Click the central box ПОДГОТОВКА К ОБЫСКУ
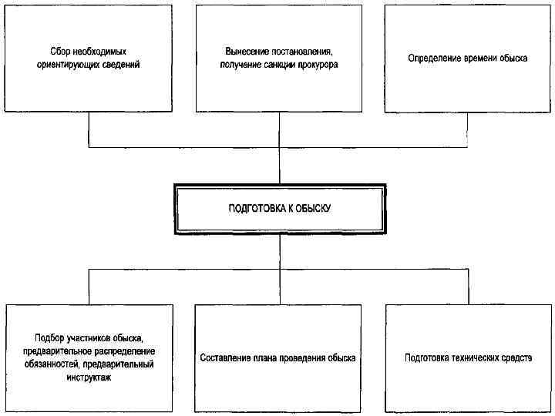[x=279, y=209]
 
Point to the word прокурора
[x=317, y=65]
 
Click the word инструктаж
[x=89, y=377]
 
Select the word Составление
[x=225, y=358]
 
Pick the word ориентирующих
[x=72, y=65]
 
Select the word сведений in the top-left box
[x=123, y=65]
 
